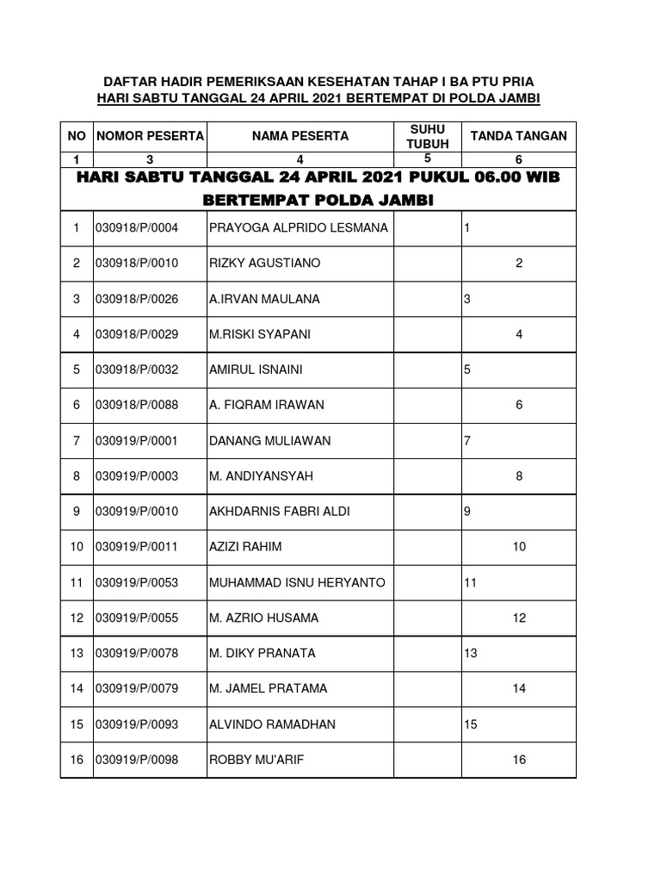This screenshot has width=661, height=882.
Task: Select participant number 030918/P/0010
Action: point(136,264)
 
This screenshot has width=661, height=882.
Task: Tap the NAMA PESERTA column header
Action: point(300,136)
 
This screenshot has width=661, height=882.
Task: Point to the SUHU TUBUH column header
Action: point(428,136)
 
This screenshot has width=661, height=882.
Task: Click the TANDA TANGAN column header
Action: point(517,136)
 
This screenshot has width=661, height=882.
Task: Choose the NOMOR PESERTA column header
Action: point(150,136)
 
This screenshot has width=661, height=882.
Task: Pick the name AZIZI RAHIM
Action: point(245,547)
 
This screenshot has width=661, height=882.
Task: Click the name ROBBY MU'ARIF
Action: point(250,760)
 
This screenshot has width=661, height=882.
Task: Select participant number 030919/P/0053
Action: point(136,583)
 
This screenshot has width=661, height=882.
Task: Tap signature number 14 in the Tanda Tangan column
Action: point(519,689)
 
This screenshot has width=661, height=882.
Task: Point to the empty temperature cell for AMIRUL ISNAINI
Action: point(428,370)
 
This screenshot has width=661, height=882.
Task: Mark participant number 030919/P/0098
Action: point(136,760)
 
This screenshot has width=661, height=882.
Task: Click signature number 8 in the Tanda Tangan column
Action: point(519,476)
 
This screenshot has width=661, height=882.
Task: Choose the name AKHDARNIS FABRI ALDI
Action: point(280,512)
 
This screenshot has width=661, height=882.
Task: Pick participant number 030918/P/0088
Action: point(136,405)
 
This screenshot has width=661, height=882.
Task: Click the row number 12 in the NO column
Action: point(77,618)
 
